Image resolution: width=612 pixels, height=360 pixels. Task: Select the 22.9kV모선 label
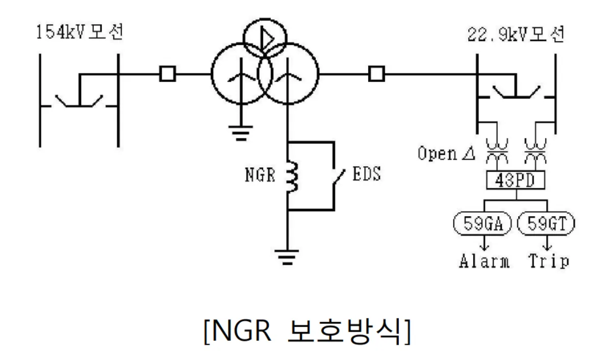click(x=515, y=37)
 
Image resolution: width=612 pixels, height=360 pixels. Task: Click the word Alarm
click(x=484, y=261)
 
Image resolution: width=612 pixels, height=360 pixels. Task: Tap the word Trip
click(x=549, y=261)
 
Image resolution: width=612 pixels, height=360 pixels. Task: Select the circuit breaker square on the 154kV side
click(x=166, y=74)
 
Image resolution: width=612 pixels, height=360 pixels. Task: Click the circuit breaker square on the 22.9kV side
click(x=376, y=74)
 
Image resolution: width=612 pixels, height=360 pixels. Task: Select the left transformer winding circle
click(x=235, y=75)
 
